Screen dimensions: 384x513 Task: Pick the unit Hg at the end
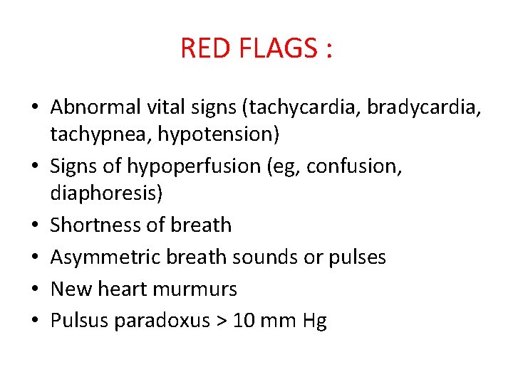(314, 321)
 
